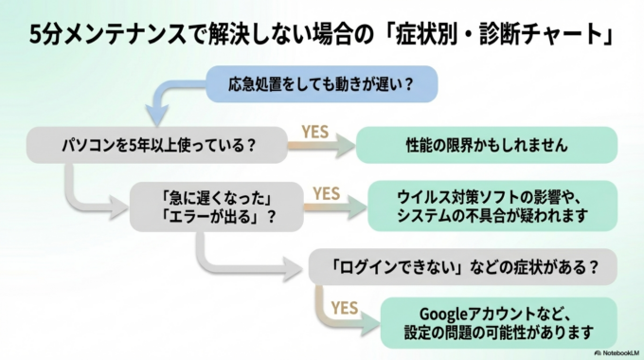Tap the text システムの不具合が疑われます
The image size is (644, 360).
click(x=492, y=216)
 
